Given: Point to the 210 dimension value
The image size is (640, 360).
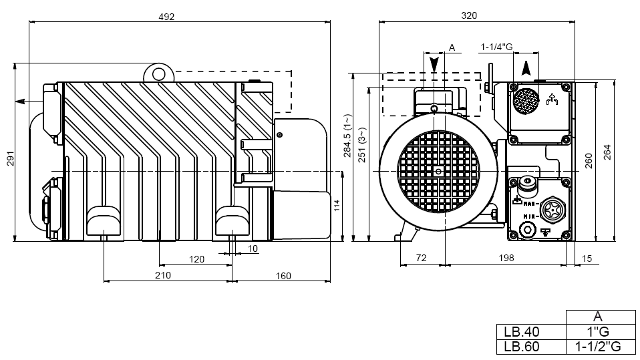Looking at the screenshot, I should click(x=163, y=275).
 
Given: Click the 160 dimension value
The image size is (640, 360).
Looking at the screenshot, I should click(x=283, y=275).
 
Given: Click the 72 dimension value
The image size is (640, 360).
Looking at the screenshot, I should click(x=421, y=258).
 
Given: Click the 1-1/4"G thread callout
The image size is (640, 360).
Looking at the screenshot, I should click(x=496, y=47).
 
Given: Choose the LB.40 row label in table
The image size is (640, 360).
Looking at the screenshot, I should click(x=522, y=331).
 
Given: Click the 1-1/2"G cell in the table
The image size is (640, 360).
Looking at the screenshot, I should click(x=599, y=347).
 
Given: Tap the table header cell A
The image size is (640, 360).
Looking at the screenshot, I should click(x=598, y=317).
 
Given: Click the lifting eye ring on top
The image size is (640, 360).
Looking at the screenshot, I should click(x=158, y=73).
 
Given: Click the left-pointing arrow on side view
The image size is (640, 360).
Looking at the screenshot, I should click(x=21, y=101).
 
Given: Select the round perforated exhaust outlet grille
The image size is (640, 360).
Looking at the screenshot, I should click(x=526, y=102).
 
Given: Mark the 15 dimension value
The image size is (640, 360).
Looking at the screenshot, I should click(x=587, y=258).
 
